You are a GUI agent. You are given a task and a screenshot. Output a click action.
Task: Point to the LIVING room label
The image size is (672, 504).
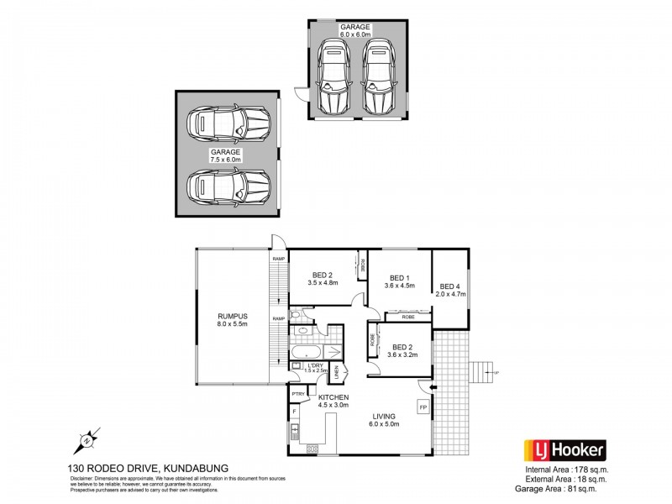(x=387, y=419)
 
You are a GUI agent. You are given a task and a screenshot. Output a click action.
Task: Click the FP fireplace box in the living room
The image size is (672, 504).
(x=423, y=407)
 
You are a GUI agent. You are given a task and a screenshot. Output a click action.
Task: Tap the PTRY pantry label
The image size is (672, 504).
(x=298, y=393)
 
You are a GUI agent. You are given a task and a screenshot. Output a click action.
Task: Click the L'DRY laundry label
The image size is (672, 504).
(x=315, y=366)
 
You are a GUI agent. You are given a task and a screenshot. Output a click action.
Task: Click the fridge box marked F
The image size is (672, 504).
(x=295, y=412)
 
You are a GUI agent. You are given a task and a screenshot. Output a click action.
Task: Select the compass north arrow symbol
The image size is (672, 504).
(x=86, y=440)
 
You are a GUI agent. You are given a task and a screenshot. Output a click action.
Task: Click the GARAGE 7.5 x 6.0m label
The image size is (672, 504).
(x=225, y=155)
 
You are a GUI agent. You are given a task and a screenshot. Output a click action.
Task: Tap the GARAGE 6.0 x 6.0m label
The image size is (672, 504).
(x=355, y=31)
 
